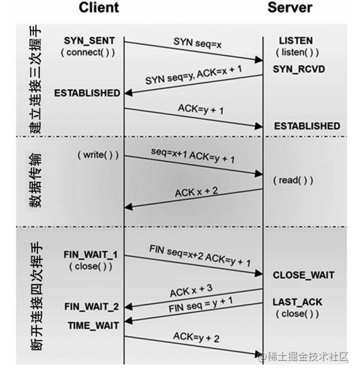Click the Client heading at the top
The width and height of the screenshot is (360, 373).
[99, 7]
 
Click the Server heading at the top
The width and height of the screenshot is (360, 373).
[290, 7]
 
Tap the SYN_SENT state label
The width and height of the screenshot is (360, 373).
[89, 41]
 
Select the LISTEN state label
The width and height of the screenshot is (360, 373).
[296, 41]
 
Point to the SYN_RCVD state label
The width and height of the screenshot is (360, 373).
[299, 69]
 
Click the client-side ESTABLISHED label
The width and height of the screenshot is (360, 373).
[87, 93]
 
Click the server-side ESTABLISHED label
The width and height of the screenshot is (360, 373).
[307, 126]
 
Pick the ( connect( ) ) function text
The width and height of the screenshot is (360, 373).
[88, 52]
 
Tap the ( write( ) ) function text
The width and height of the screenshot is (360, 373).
[98, 155]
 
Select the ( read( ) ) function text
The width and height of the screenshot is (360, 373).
[293, 180]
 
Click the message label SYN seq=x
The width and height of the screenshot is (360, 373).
[197, 43]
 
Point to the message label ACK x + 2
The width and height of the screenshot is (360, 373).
[197, 192]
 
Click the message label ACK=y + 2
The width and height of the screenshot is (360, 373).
[196, 337]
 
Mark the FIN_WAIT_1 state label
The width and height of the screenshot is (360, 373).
[90, 255]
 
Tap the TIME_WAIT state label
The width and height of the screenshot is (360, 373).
[93, 326]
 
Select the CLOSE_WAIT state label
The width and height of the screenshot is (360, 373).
[304, 275]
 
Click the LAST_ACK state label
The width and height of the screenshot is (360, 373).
[297, 302]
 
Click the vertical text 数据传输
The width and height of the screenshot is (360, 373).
[36, 181]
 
